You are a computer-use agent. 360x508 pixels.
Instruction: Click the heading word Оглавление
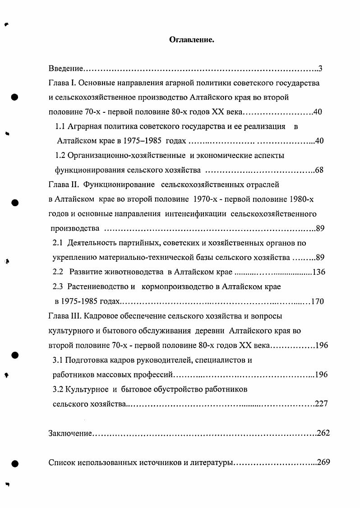(x=191, y=40)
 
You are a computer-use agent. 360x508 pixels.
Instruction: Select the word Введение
(x=65, y=69)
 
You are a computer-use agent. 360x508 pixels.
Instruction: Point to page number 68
(x=319, y=170)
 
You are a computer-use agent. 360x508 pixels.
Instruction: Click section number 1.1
(x=60, y=127)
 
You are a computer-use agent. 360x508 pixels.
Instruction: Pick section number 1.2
(x=60, y=156)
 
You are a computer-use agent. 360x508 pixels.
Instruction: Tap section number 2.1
(x=58, y=243)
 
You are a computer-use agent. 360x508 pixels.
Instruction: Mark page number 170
(x=317, y=301)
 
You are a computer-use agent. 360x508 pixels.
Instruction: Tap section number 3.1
(x=58, y=360)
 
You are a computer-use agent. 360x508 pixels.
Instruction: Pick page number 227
(x=321, y=403)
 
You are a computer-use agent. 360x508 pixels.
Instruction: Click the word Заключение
(x=70, y=433)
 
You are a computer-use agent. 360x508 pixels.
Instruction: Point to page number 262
(x=323, y=433)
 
